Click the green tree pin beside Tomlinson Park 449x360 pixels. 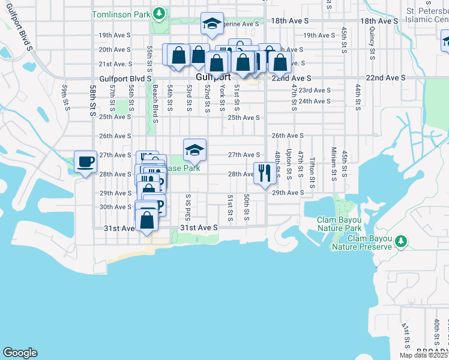tap(158, 13)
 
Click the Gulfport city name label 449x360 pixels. tap(209, 78)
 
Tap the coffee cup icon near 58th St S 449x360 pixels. tap(85, 161)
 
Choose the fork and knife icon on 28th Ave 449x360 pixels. tap(265, 173)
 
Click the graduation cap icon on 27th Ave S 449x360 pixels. tap(194, 150)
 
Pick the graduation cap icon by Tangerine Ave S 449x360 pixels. tap(211, 23)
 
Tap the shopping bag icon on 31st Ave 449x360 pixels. tap(147, 220)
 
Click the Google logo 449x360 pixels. tap(20, 353)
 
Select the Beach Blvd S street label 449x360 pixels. tap(155, 103)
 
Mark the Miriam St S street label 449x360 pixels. tap(333, 164)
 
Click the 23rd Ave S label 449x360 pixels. tap(315, 91)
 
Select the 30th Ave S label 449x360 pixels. tap(115, 207)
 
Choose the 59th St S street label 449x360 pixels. tap(64, 97)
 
